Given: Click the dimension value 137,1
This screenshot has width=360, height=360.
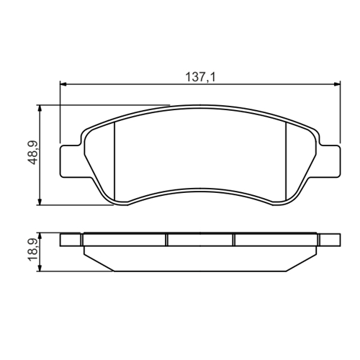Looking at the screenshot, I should click(x=199, y=75).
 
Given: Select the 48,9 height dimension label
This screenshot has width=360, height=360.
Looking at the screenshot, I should click(x=30, y=153).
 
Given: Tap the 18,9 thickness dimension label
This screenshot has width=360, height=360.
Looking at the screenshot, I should click(x=30, y=252).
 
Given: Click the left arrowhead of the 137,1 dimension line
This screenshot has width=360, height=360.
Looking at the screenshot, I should click(x=63, y=84).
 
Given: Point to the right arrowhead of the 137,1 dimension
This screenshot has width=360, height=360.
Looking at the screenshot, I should click(x=336, y=84).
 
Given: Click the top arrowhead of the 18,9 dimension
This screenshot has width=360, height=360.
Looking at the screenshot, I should click(x=41, y=236).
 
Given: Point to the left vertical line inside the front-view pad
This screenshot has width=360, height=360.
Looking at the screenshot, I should click(x=115, y=162).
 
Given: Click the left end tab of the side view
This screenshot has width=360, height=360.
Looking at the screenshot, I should click(x=71, y=240).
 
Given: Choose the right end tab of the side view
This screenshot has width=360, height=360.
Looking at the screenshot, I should click(x=328, y=240).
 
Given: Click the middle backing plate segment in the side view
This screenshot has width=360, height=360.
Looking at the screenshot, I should click(x=200, y=240).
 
